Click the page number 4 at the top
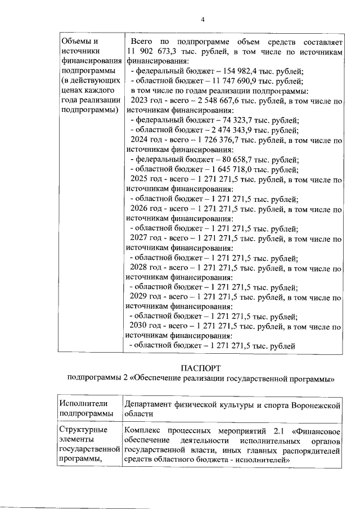[x=202, y=21]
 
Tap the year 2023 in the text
[x=138, y=101]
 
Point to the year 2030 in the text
[x=138, y=326]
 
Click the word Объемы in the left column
[x=75, y=42]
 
